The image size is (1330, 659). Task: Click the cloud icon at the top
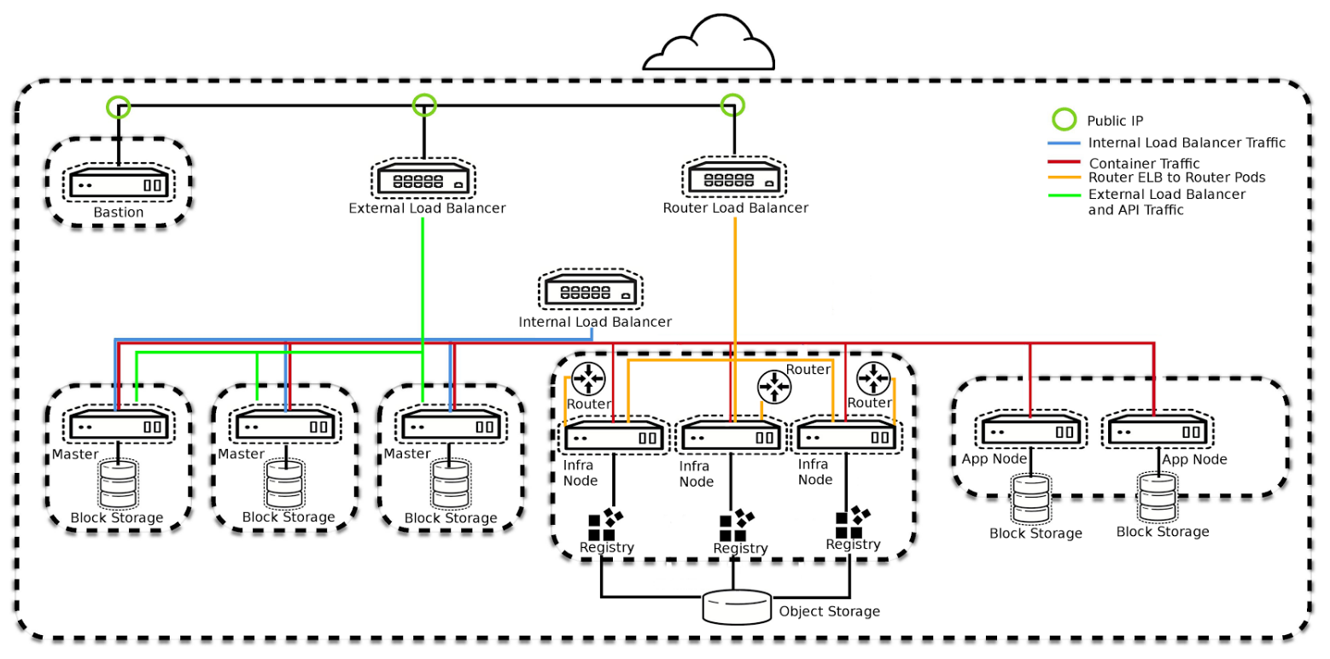[709, 46]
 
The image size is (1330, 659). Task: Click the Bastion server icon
[118, 184]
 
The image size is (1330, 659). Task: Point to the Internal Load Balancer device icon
[590, 293]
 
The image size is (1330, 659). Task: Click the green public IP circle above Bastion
[118, 107]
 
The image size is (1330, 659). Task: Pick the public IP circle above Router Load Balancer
[732, 105]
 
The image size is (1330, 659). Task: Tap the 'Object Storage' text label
[829, 611]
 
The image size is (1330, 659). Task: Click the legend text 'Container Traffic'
[1144, 163]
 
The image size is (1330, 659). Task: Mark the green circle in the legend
[1063, 120]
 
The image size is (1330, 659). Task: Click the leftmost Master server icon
[118, 425]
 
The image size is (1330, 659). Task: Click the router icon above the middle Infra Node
[774, 386]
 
